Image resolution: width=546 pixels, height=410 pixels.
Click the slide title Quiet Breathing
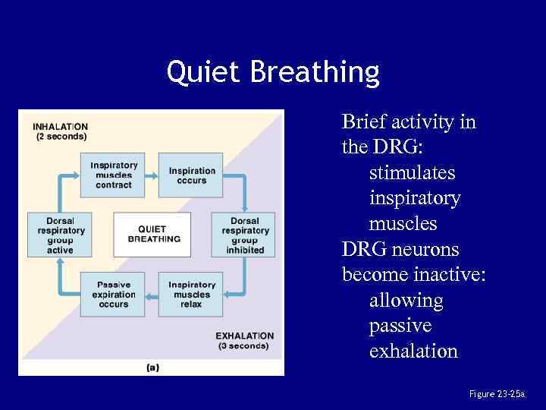point(273,73)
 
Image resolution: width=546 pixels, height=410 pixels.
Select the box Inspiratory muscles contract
point(114,175)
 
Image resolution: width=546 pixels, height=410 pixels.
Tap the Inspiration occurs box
point(192,175)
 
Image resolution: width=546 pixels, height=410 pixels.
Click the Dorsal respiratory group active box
point(61,235)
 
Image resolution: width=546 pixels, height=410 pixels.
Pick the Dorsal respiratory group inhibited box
point(245,235)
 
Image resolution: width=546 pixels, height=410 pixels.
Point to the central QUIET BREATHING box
point(154,234)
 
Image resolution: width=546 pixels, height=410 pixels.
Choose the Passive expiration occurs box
point(114,294)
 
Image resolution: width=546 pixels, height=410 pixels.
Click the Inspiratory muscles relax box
point(192,294)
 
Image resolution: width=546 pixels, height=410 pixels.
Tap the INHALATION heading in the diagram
point(60,126)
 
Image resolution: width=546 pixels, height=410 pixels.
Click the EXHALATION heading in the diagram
point(244,336)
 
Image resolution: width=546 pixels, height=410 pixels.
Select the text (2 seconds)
point(61,137)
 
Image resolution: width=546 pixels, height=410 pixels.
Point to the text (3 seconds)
point(243,346)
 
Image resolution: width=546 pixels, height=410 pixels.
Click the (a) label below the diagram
point(152,367)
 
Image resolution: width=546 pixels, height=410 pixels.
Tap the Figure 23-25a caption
point(497,394)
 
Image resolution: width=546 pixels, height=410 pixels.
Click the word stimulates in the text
point(412,173)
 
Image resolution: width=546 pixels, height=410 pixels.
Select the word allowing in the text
point(406,301)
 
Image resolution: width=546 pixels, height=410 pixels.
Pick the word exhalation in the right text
point(413,352)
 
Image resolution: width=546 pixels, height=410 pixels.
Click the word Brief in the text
point(363,121)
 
